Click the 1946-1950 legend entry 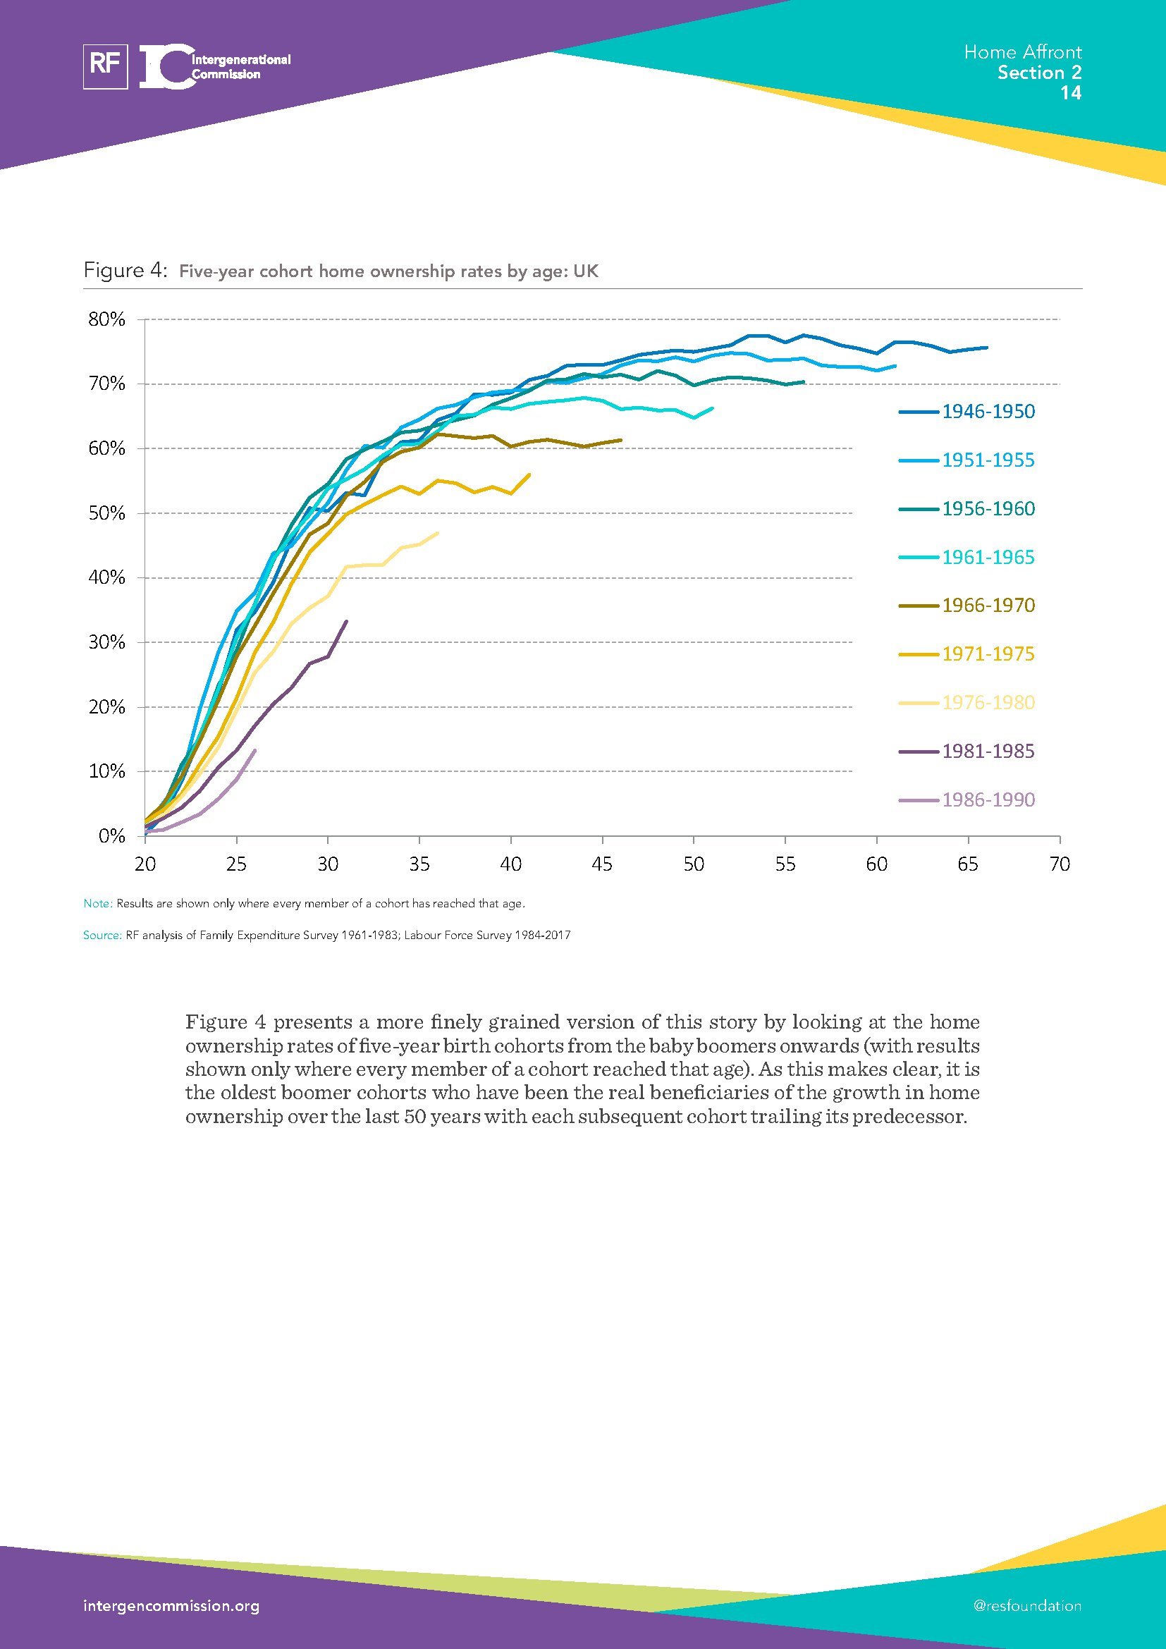click(x=988, y=412)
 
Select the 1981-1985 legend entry click(x=988, y=752)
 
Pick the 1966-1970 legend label click(x=988, y=606)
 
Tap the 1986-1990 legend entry click(x=988, y=799)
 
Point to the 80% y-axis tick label click(x=107, y=319)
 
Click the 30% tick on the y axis click(x=107, y=642)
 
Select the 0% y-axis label click(x=112, y=836)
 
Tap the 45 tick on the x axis click(x=602, y=864)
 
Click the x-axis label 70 click(x=1059, y=864)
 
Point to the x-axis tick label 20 click(x=145, y=864)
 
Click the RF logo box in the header click(x=106, y=66)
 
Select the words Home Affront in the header click(x=1022, y=51)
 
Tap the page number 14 click(x=1071, y=92)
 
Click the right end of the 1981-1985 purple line click(x=347, y=621)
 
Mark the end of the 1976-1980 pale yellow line click(x=438, y=533)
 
